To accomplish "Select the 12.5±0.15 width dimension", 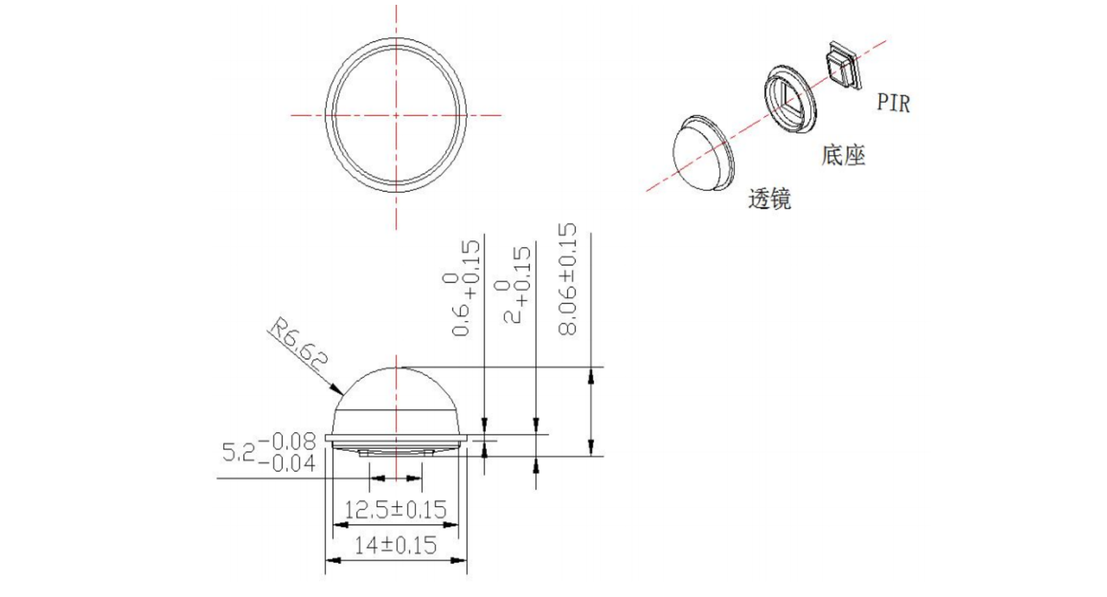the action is [396, 510].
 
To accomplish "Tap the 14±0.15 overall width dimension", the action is [396, 545].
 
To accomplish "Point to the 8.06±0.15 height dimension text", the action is [567, 279].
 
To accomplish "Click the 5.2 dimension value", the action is [238, 452].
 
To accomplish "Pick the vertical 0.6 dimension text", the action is [461, 322].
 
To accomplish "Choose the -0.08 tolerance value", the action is [287, 441].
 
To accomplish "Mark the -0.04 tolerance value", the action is [287, 463].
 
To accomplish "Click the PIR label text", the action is [893, 102].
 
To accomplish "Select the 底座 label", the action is [843, 155].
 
